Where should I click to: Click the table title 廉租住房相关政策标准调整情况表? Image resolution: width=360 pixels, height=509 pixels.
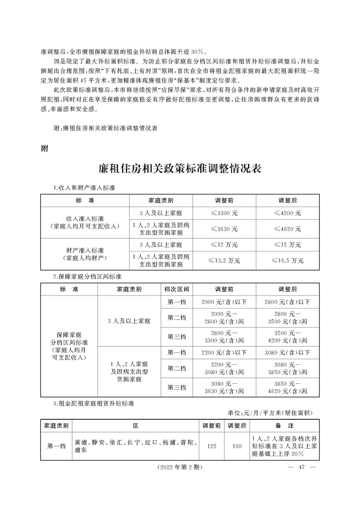point(180,168)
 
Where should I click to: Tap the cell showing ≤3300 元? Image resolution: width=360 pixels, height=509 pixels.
point(224,213)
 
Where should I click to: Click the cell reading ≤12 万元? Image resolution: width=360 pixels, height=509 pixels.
point(224,244)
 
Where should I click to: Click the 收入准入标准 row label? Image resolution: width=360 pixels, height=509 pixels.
point(85,221)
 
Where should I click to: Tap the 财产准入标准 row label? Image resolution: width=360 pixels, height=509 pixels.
point(85,252)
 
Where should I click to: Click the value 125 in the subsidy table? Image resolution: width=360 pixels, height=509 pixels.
point(212,445)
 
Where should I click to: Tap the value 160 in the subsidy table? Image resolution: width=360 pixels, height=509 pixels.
point(237,445)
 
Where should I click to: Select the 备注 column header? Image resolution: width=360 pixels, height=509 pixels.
point(284,424)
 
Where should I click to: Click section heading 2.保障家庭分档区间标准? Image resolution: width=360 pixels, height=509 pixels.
point(87,276)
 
